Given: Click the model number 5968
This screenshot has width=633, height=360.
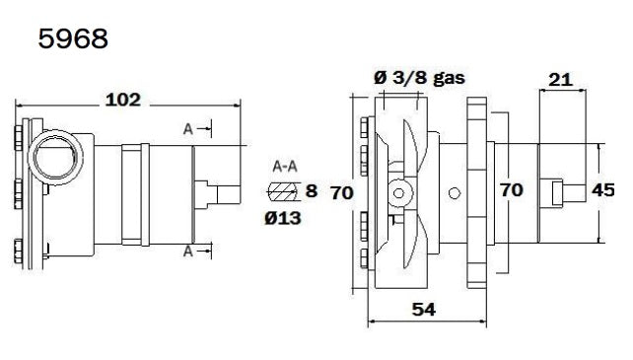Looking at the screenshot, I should coord(73,38).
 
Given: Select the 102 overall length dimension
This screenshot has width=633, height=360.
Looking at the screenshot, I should coord(122,100).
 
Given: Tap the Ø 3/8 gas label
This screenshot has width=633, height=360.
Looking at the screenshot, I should coord(419,77).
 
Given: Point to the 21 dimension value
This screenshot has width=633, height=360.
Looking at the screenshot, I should coord(560,79).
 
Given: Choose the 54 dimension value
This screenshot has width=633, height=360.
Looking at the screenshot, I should coord(424,309).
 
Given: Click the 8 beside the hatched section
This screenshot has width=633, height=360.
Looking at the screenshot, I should coord(311,190).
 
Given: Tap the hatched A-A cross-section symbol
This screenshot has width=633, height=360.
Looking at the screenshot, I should coord(283,190).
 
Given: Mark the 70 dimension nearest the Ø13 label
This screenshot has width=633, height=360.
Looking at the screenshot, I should coord(341,193).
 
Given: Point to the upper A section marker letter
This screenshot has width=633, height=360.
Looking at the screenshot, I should coord(187,128).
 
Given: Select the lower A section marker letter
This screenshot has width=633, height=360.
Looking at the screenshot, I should coord(187,252).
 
